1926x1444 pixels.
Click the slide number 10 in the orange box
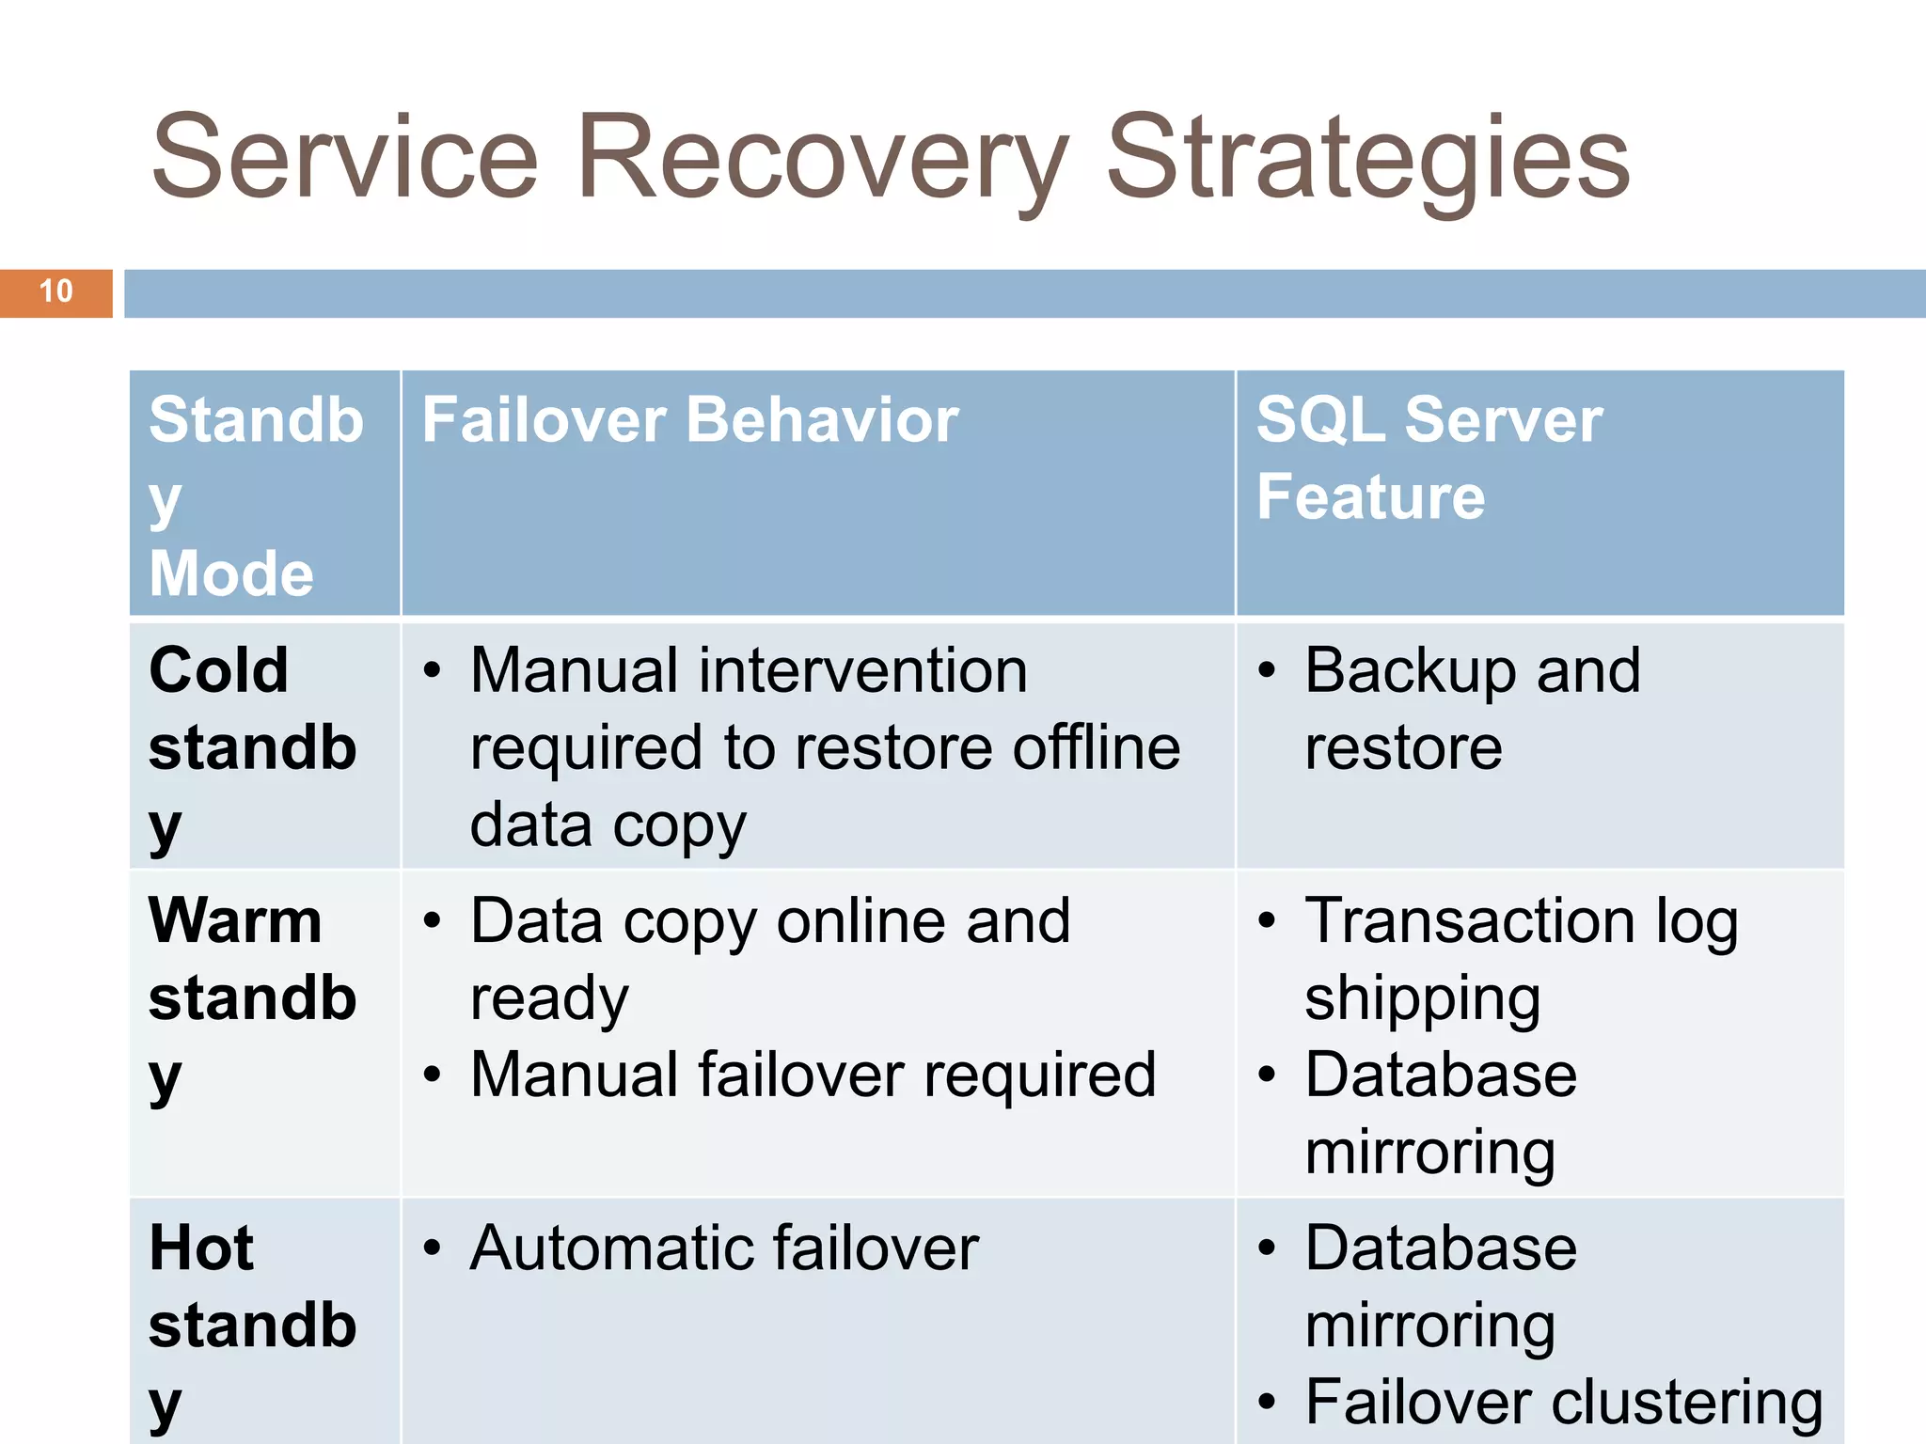pyautogui.click(x=56, y=291)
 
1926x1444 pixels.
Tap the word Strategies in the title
pyautogui.click(x=1368, y=160)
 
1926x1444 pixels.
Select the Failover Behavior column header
pyautogui.click(x=689, y=419)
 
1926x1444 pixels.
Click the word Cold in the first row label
pyautogui.click(x=218, y=670)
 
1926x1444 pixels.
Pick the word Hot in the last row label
pyautogui.click(x=201, y=1248)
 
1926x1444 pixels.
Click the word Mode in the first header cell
pyautogui.click(x=231, y=573)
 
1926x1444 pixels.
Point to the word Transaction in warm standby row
pyautogui.click(x=1470, y=920)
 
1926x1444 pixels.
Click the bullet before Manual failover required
pyautogui.click(x=432, y=1075)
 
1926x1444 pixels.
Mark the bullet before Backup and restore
pyautogui.click(x=1267, y=671)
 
